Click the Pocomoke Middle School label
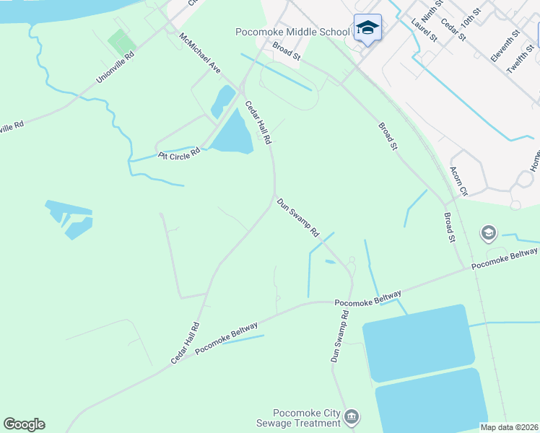click(292, 32)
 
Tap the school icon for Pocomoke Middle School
click(367, 28)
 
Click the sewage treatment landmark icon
click(352, 416)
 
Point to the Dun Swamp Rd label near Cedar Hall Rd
click(298, 218)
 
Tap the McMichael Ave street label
click(200, 52)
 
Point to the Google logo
click(24, 424)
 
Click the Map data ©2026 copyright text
click(509, 427)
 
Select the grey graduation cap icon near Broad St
click(489, 233)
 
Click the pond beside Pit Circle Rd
click(232, 135)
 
